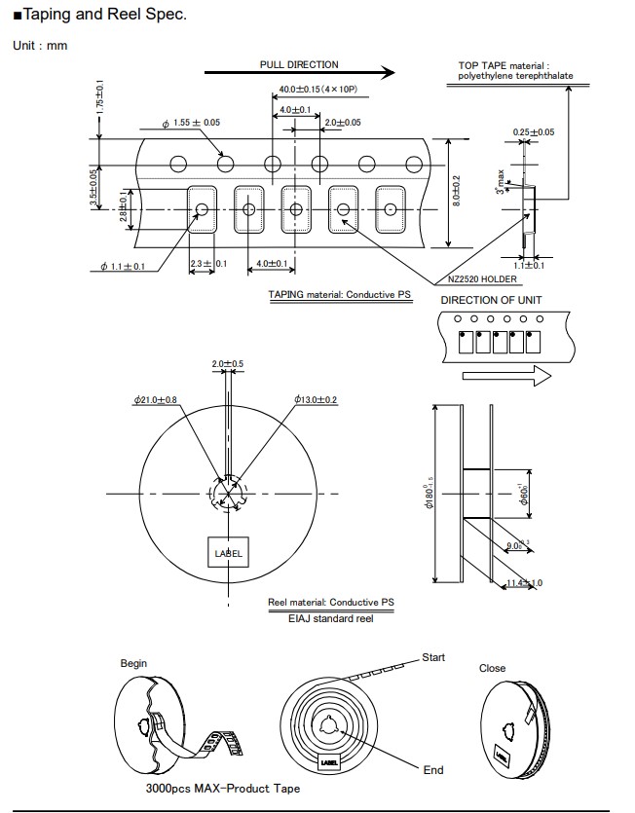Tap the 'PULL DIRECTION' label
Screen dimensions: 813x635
pyautogui.click(x=299, y=64)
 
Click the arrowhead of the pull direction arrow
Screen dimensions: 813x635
pyautogui.click(x=388, y=72)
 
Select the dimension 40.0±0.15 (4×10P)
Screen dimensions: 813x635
pyautogui.click(x=317, y=89)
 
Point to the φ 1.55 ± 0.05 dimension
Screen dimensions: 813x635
pyautogui.click(x=191, y=123)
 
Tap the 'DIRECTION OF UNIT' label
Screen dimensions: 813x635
pyautogui.click(x=492, y=300)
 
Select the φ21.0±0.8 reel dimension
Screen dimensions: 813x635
pyautogui.click(x=155, y=400)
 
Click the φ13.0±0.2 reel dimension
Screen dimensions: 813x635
pyautogui.click(x=315, y=400)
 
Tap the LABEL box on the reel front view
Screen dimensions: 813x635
pyautogui.click(x=228, y=554)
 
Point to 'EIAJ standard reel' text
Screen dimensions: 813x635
pyautogui.click(x=331, y=618)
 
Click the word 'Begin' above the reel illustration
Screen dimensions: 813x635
pyautogui.click(x=134, y=663)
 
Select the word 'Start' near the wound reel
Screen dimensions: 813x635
pyautogui.click(x=433, y=658)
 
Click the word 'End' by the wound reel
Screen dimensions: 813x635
pyautogui.click(x=433, y=770)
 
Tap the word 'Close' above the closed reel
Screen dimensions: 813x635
pyautogui.click(x=493, y=668)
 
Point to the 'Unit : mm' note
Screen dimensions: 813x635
pyautogui.click(x=40, y=46)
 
